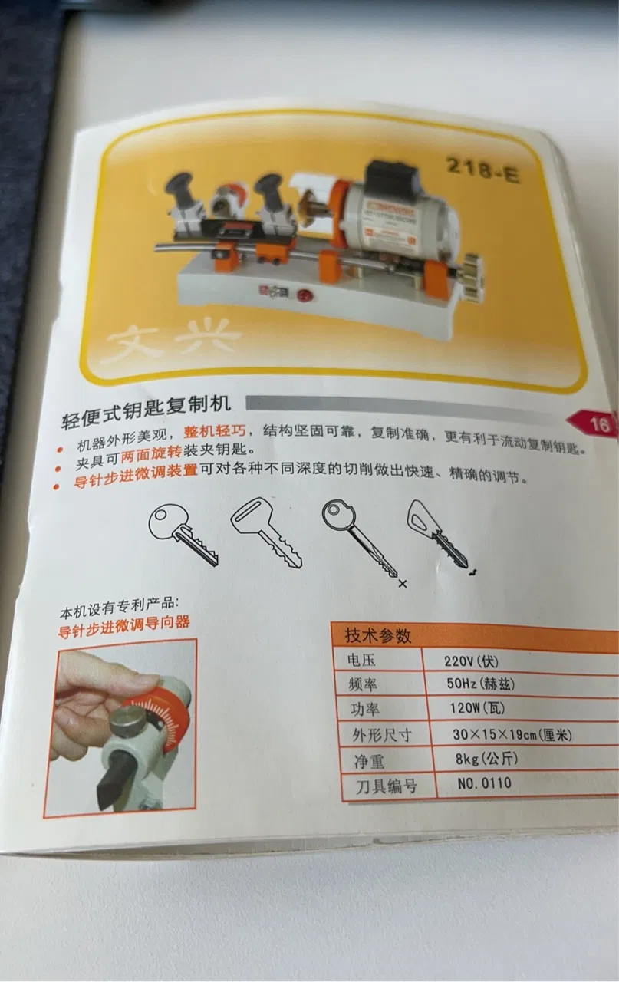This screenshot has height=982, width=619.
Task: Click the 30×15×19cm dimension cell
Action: tap(512, 734)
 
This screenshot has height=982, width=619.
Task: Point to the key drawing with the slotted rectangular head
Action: tap(265, 531)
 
